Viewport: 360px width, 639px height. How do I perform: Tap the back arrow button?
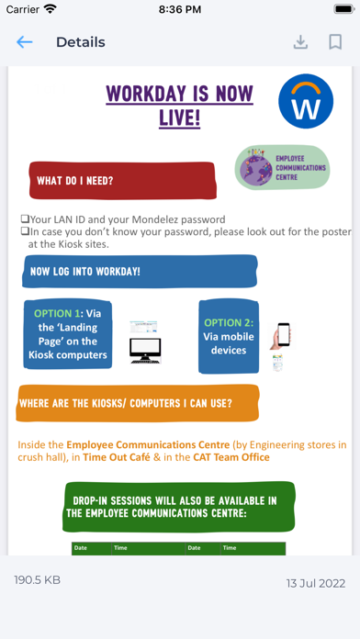tap(24, 42)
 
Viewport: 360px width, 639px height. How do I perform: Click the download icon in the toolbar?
tap(300, 42)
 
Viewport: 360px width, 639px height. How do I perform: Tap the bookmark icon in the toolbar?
tap(335, 42)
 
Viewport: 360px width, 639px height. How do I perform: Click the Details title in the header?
tap(81, 42)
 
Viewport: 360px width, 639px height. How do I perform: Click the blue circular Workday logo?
tap(306, 101)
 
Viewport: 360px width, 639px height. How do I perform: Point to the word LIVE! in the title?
tap(180, 118)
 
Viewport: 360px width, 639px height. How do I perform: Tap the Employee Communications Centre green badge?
tap(282, 167)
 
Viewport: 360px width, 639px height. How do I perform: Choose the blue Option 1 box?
tap(67, 334)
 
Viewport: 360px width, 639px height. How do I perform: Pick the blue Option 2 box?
tap(228, 335)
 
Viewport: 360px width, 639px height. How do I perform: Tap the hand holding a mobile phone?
tap(280, 339)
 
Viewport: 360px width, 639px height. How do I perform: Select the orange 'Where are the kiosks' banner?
tap(138, 403)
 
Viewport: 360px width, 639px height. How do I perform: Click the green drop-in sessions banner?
tap(179, 507)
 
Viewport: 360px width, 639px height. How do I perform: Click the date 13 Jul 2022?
tap(314, 582)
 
